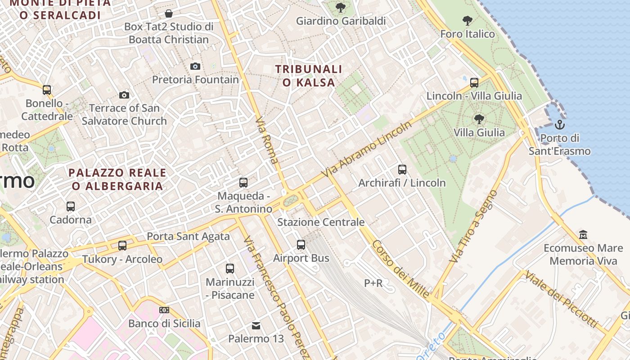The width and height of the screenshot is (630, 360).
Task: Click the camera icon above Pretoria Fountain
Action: coord(195,66)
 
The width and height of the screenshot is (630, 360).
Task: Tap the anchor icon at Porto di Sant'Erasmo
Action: coord(560,124)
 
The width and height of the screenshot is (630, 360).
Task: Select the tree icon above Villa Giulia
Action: coord(479,119)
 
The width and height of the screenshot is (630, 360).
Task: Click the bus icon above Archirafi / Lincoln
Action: coord(402,170)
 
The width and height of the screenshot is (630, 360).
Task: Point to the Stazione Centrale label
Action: coord(321,222)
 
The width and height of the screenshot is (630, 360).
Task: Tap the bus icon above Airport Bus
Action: coord(301,245)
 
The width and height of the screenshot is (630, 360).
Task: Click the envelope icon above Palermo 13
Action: coord(256,325)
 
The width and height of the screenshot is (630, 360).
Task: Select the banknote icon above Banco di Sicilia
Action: coord(164,310)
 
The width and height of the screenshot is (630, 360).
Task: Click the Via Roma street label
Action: coord(267,140)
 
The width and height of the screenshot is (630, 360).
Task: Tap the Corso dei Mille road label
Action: coord(400,270)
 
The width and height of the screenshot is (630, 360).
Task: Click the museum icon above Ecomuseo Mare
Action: coord(583,234)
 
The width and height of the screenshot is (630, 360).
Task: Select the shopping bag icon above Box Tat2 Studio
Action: coord(169,13)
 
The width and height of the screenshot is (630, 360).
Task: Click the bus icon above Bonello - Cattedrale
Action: coord(47,90)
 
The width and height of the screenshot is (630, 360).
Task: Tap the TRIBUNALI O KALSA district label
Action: coord(309,76)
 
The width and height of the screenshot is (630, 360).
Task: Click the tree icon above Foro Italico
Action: coord(468,20)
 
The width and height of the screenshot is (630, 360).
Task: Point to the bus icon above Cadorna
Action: coord(71,207)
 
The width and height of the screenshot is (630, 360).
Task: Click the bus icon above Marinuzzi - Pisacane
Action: coord(230,269)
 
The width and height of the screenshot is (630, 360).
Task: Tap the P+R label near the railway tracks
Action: coord(373,283)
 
